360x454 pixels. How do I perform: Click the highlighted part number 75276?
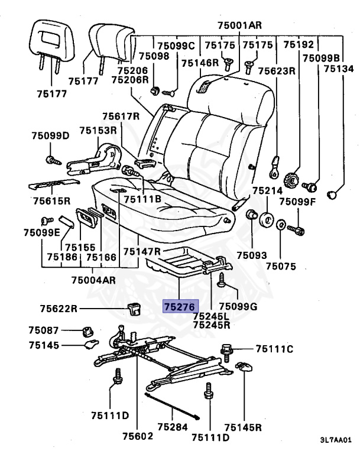pyautogui.click(x=179, y=307)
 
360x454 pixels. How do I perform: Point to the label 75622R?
pyautogui.click(x=60, y=308)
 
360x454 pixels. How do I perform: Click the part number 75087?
pyautogui.click(x=44, y=330)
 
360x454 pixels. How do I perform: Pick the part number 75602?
pyautogui.click(x=138, y=436)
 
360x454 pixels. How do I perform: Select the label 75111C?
pyautogui.click(x=275, y=349)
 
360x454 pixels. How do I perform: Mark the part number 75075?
pyautogui.click(x=281, y=266)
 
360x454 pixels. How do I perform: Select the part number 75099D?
pyautogui.click(x=50, y=137)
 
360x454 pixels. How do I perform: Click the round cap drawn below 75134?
pyautogui.click(x=333, y=193)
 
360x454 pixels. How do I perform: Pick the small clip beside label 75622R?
pyautogui.click(x=134, y=307)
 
